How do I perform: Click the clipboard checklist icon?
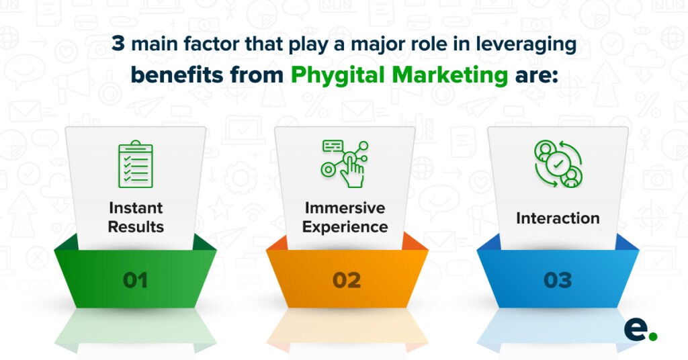coord(135,164)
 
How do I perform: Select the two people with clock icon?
coord(558,164)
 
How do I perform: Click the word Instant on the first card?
coord(135,208)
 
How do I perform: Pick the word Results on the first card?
coord(135,226)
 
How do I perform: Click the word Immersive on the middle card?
coord(345,208)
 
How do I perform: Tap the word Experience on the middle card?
coord(345,226)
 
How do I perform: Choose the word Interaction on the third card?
coord(558,218)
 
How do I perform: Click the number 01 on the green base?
coord(135,279)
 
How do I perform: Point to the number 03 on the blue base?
coord(558,279)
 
